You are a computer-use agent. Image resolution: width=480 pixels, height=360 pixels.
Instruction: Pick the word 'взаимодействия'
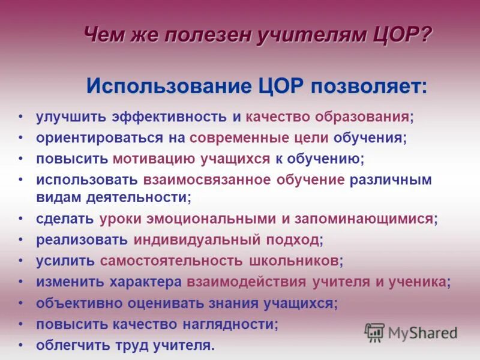247,282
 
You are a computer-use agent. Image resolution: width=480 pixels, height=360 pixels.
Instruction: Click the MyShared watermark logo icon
374,332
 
